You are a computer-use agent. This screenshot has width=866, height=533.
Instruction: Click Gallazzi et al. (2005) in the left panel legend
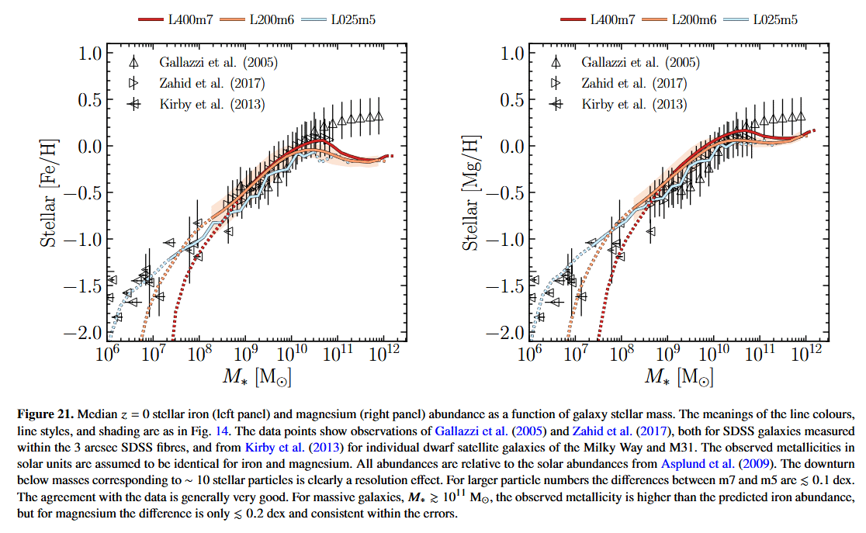click(x=218, y=63)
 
